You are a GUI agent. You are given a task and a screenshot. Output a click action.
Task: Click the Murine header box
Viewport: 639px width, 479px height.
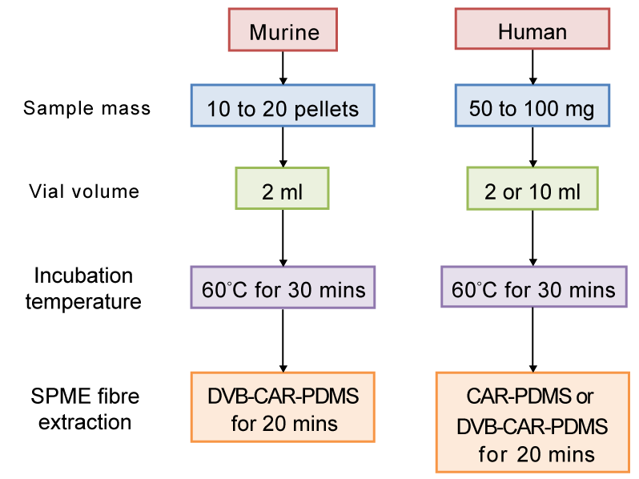[283, 30]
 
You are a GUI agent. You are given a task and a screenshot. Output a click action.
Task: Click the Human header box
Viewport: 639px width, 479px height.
[532, 30]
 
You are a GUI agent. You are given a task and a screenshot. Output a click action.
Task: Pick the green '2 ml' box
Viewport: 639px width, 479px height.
[283, 188]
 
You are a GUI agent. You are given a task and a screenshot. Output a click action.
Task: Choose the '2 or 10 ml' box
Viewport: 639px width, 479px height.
[532, 188]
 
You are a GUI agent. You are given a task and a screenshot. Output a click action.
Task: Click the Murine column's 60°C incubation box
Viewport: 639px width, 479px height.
[283, 287]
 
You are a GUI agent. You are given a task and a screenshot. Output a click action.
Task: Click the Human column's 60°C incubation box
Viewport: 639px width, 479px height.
[532, 287]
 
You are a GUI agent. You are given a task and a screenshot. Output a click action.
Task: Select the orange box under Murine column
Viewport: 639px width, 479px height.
[283, 407]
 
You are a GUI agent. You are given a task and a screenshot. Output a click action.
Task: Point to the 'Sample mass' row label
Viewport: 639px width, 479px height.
[86, 108]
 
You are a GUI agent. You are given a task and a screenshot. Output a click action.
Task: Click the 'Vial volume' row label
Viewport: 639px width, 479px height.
[84, 191]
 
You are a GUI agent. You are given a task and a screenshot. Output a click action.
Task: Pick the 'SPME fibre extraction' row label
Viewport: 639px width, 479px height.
[83, 409]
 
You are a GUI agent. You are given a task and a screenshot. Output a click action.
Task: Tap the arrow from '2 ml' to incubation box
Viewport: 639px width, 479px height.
[283, 237]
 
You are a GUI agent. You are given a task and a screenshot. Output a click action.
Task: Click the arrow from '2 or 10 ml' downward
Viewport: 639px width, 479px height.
[532, 237]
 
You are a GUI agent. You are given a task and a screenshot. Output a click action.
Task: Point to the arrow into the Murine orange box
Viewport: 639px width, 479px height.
[283, 340]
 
